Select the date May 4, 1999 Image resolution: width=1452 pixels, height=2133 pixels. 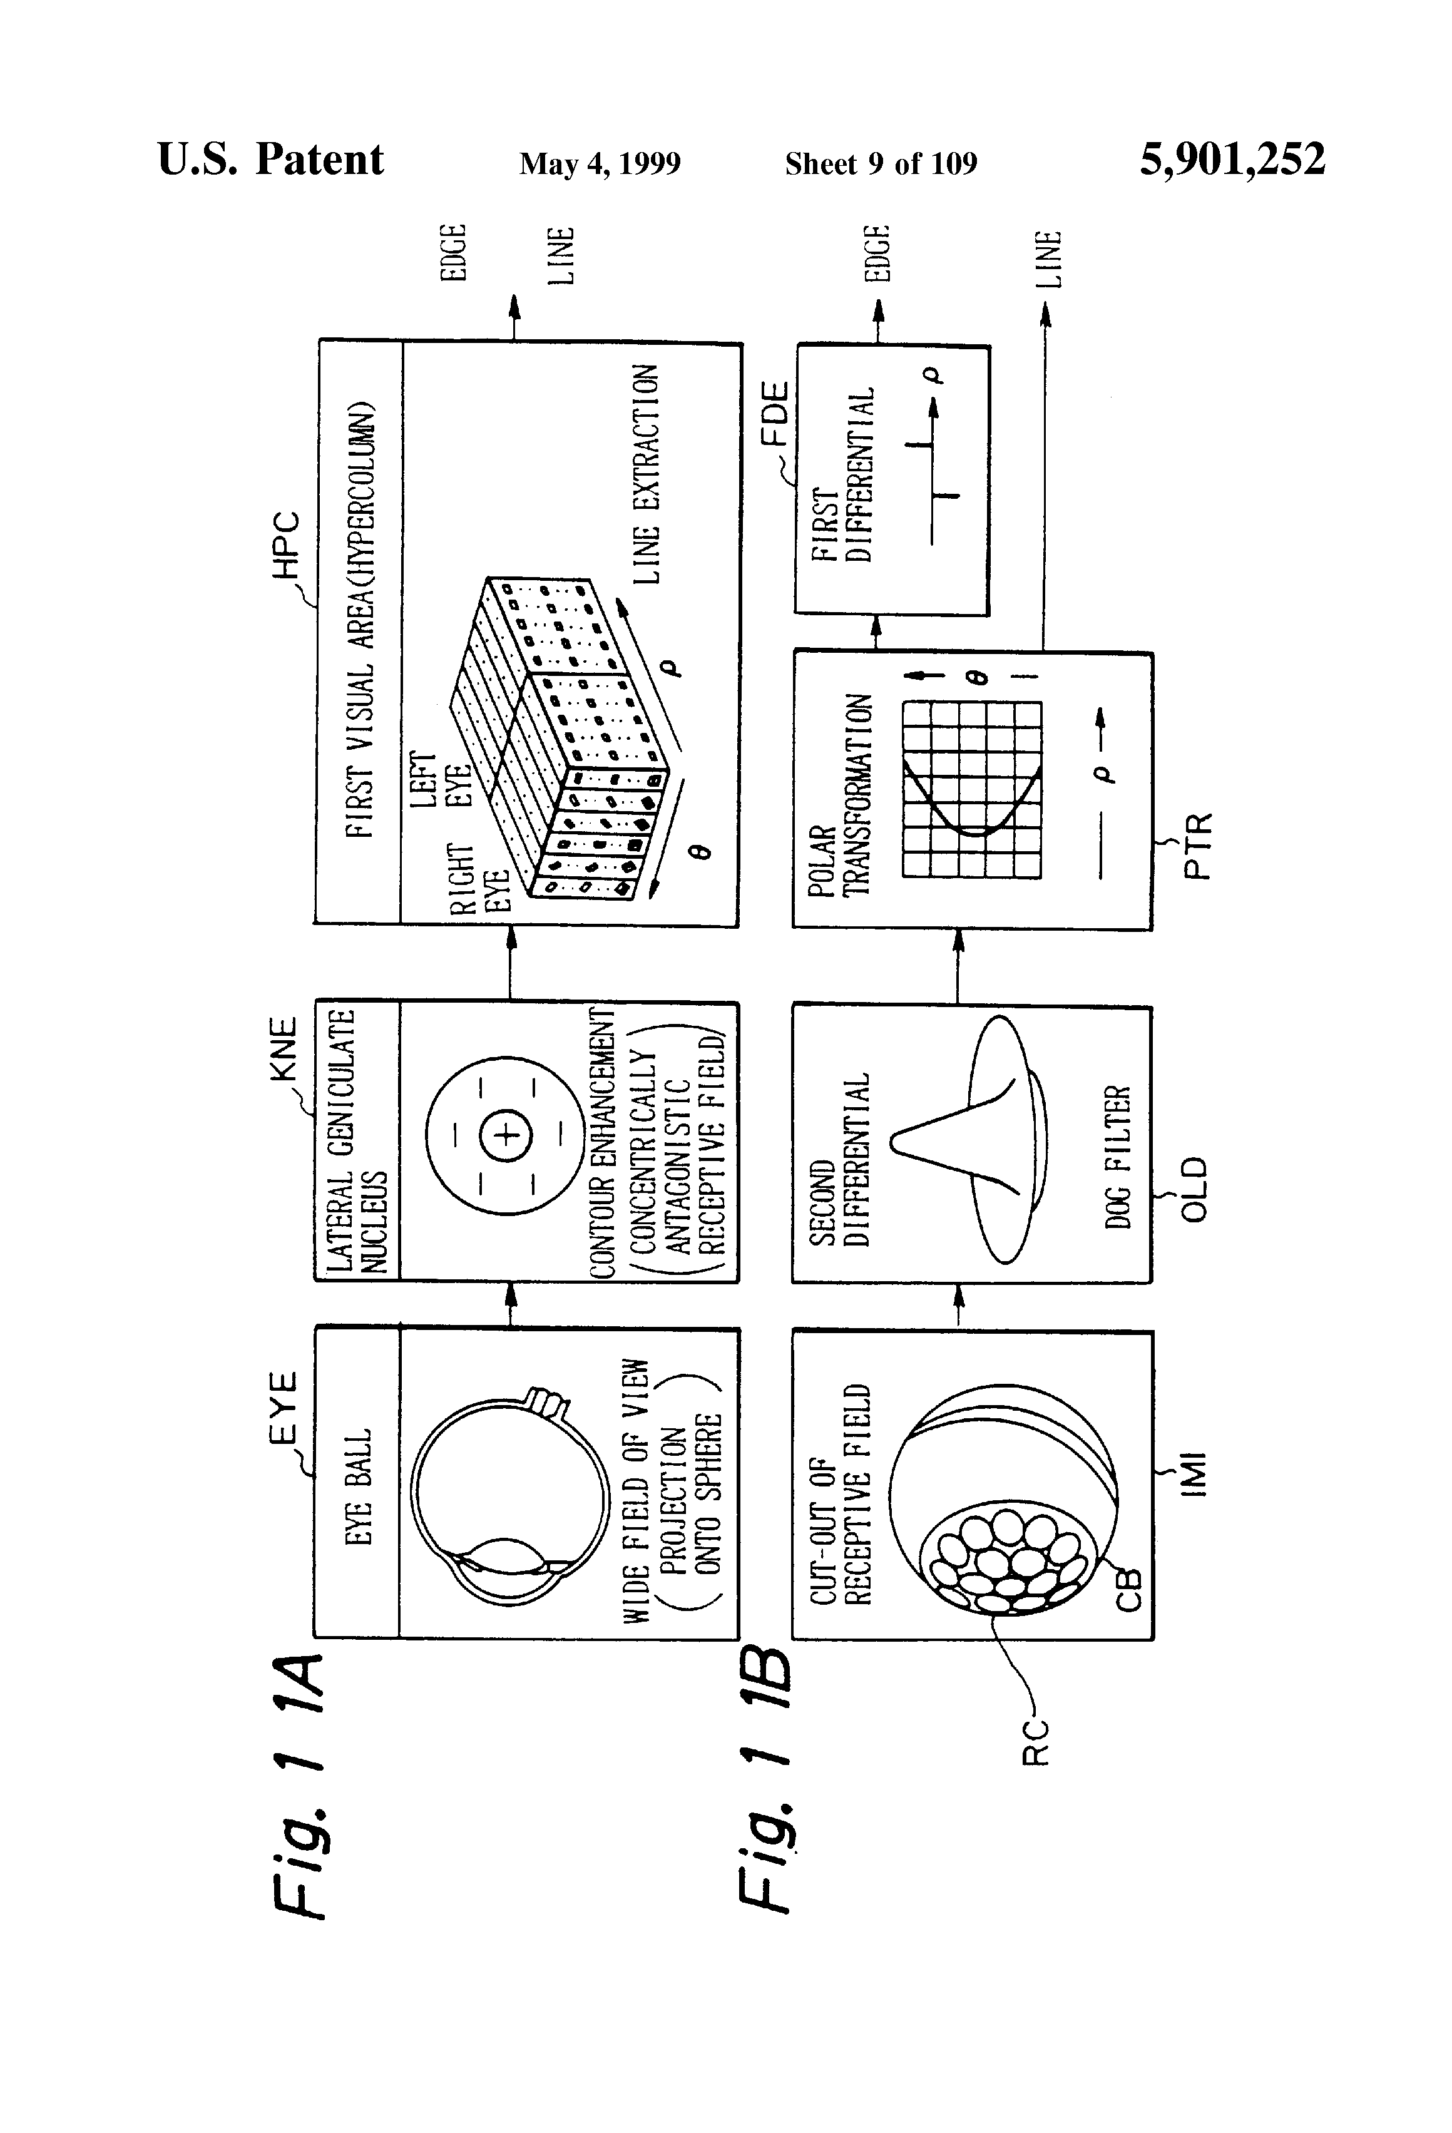click(x=600, y=163)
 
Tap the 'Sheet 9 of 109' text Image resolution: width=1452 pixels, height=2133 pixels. click(x=881, y=163)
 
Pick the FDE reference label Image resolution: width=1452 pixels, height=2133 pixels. click(x=775, y=414)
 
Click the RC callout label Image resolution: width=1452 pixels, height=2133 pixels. click(x=1035, y=1742)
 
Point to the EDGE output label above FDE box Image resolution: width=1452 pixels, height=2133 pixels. click(x=878, y=252)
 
